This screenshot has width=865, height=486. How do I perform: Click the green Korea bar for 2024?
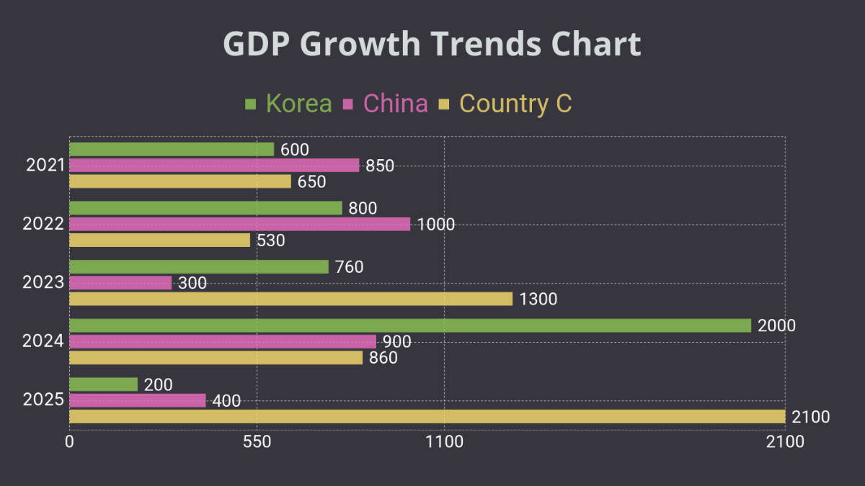410,325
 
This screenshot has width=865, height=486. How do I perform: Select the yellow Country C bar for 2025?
427,416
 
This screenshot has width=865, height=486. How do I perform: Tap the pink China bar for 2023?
120,283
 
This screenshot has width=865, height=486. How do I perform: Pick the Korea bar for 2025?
103,384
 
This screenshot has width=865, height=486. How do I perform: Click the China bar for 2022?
239,224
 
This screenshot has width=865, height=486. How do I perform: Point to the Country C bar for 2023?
290,299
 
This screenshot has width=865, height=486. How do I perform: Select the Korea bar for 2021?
172,149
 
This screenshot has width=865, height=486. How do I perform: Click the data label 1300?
538,299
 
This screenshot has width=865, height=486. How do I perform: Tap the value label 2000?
776,325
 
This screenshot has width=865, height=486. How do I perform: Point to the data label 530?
271,240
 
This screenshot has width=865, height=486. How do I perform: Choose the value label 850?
380,166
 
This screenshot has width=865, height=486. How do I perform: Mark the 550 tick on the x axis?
257,443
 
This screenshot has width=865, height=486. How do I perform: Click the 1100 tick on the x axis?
444,443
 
